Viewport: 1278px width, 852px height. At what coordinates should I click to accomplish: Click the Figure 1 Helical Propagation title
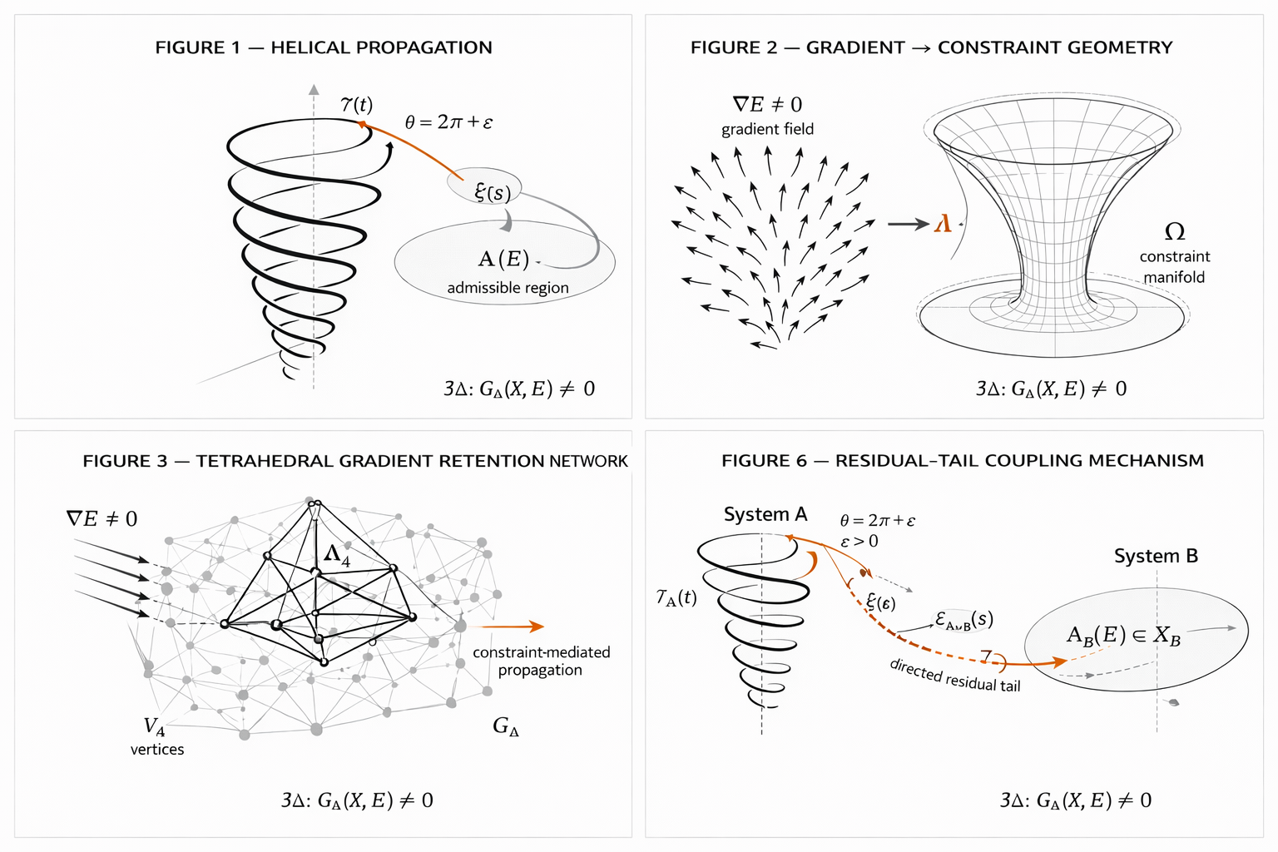(x=324, y=47)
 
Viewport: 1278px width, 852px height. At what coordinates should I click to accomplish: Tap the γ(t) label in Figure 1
(x=357, y=105)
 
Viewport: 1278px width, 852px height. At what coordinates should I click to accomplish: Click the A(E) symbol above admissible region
(x=503, y=259)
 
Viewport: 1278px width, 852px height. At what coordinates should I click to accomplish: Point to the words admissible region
(x=508, y=288)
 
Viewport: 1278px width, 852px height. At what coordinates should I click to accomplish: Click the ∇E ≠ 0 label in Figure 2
(x=767, y=104)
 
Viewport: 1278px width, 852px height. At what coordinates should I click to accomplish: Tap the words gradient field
(x=767, y=129)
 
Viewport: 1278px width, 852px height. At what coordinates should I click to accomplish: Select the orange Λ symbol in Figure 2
(x=943, y=224)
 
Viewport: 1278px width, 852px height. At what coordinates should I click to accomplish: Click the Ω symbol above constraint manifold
(x=1175, y=231)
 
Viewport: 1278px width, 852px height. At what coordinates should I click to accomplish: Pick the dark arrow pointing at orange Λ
(x=908, y=224)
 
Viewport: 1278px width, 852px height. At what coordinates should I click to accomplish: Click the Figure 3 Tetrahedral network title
(x=355, y=461)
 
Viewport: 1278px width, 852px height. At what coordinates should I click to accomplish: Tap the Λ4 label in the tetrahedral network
(x=337, y=555)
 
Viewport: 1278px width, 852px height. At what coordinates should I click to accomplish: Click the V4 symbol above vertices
(x=155, y=727)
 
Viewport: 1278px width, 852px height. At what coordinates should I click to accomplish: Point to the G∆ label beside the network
(x=506, y=726)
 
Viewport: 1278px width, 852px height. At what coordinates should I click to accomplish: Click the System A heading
(x=765, y=514)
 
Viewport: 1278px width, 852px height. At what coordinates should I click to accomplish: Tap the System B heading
(x=1156, y=556)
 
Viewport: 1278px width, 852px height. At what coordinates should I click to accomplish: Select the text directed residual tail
(x=954, y=675)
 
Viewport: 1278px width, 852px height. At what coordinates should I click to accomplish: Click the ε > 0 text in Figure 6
(x=859, y=542)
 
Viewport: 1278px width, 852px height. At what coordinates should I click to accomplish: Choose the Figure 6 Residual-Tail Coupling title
(x=962, y=461)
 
